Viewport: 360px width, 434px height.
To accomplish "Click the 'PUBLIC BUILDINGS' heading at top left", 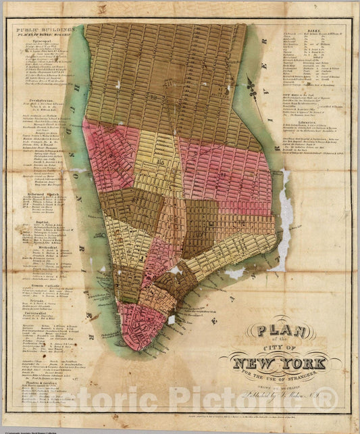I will (41, 30).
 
